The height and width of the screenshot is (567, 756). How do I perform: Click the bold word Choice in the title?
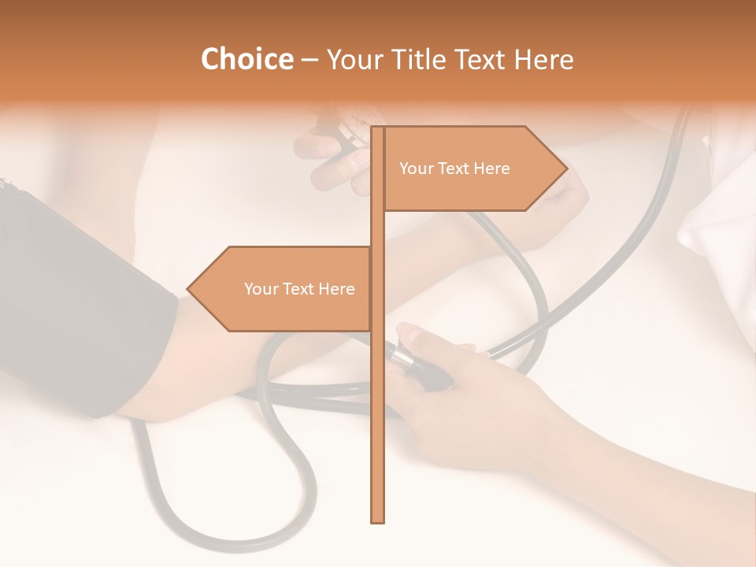(x=246, y=59)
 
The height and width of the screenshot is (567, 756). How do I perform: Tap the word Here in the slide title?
(x=543, y=59)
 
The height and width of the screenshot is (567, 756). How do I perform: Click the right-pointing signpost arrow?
(x=472, y=169)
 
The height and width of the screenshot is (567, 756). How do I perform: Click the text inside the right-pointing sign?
(x=454, y=169)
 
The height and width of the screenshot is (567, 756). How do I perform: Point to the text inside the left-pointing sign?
(x=299, y=289)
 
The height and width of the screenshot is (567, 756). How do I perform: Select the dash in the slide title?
(x=309, y=60)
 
